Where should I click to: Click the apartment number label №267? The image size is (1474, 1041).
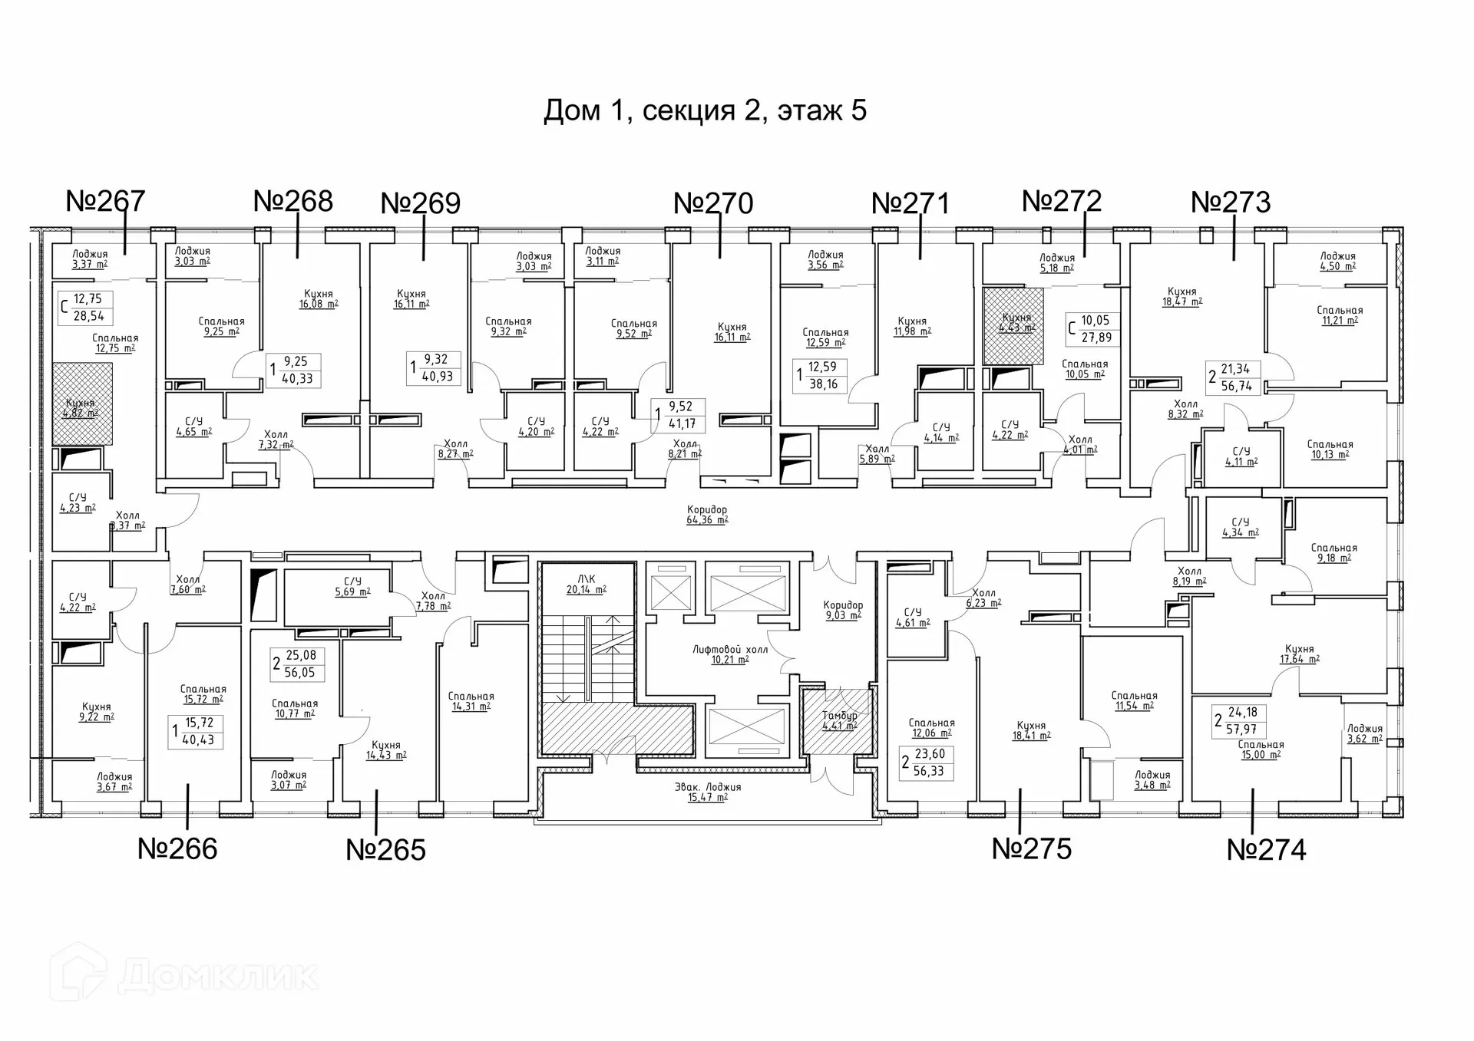coord(105,201)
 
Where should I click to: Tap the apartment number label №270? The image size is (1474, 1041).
coord(713,203)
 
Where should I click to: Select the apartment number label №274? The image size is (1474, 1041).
coord(1266,850)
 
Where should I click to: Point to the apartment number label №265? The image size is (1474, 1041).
coord(385,850)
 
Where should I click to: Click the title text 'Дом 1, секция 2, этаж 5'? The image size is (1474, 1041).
coord(705,110)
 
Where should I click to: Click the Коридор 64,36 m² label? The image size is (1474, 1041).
coord(707,515)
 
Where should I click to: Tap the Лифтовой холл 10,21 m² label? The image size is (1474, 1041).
coord(729,654)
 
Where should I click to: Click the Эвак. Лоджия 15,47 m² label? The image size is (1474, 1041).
coord(707,792)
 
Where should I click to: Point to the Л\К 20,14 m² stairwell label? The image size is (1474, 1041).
coord(587,585)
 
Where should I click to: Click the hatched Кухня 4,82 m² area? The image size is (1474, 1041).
coord(81,405)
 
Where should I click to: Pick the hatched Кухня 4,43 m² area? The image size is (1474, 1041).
coord(1015,325)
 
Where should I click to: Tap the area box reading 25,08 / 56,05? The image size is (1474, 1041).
coord(298,664)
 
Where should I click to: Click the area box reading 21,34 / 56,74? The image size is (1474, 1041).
coord(1234,377)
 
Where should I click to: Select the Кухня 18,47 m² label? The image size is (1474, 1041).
coord(1182,297)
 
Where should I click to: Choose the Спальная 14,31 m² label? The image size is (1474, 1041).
coord(471,701)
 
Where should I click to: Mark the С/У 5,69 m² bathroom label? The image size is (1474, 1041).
coord(352,587)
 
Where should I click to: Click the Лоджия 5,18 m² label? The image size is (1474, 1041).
coord(1056,263)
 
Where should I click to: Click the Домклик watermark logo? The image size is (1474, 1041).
coord(184,976)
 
